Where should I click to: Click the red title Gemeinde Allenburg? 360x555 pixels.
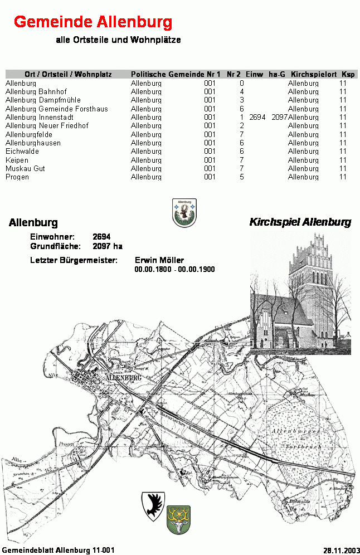click(x=93, y=22)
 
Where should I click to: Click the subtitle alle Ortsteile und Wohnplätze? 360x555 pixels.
click(x=118, y=40)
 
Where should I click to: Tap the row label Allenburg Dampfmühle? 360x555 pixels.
click(x=43, y=100)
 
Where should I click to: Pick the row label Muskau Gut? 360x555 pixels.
click(x=25, y=168)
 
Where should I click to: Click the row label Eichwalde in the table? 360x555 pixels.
click(x=22, y=151)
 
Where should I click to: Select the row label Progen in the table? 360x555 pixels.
click(x=17, y=177)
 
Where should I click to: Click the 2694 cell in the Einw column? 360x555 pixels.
click(x=257, y=117)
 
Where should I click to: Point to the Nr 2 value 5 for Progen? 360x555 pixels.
click(x=242, y=177)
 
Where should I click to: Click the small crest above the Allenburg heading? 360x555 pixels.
click(x=184, y=213)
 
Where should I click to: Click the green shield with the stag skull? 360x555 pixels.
click(x=178, y=520)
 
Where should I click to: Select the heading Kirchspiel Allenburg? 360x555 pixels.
click(x=300, y=222)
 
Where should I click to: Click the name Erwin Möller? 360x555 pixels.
click(x=159, y=260)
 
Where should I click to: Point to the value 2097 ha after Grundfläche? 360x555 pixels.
click(x=108, y=246)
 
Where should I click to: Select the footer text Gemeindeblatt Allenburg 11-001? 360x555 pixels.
click(x=58, y=549)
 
